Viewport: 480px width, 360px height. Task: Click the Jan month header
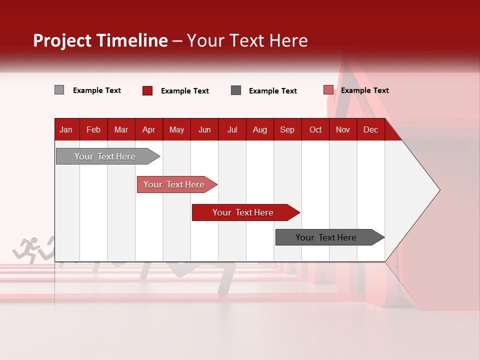click(x=66, y=129)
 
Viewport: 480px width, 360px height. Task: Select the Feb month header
click(x=93, y=129)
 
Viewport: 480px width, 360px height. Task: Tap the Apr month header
click(x=148, y=129)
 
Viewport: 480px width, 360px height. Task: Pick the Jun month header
click(x=204, y=129)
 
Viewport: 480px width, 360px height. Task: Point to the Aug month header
click(x=259, y=129)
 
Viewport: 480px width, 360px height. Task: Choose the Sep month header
click(x=287, y=129)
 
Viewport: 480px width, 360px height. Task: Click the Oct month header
click(x=315, y=129)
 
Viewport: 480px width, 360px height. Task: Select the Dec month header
click(x=370, y=129)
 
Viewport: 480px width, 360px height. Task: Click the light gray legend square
click(x=59, y=90)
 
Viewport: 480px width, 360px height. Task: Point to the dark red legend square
click(x=147, y=90)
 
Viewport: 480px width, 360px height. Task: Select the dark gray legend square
click(x=236, y=90)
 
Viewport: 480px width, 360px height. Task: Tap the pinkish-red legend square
click(x=328, y=90)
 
